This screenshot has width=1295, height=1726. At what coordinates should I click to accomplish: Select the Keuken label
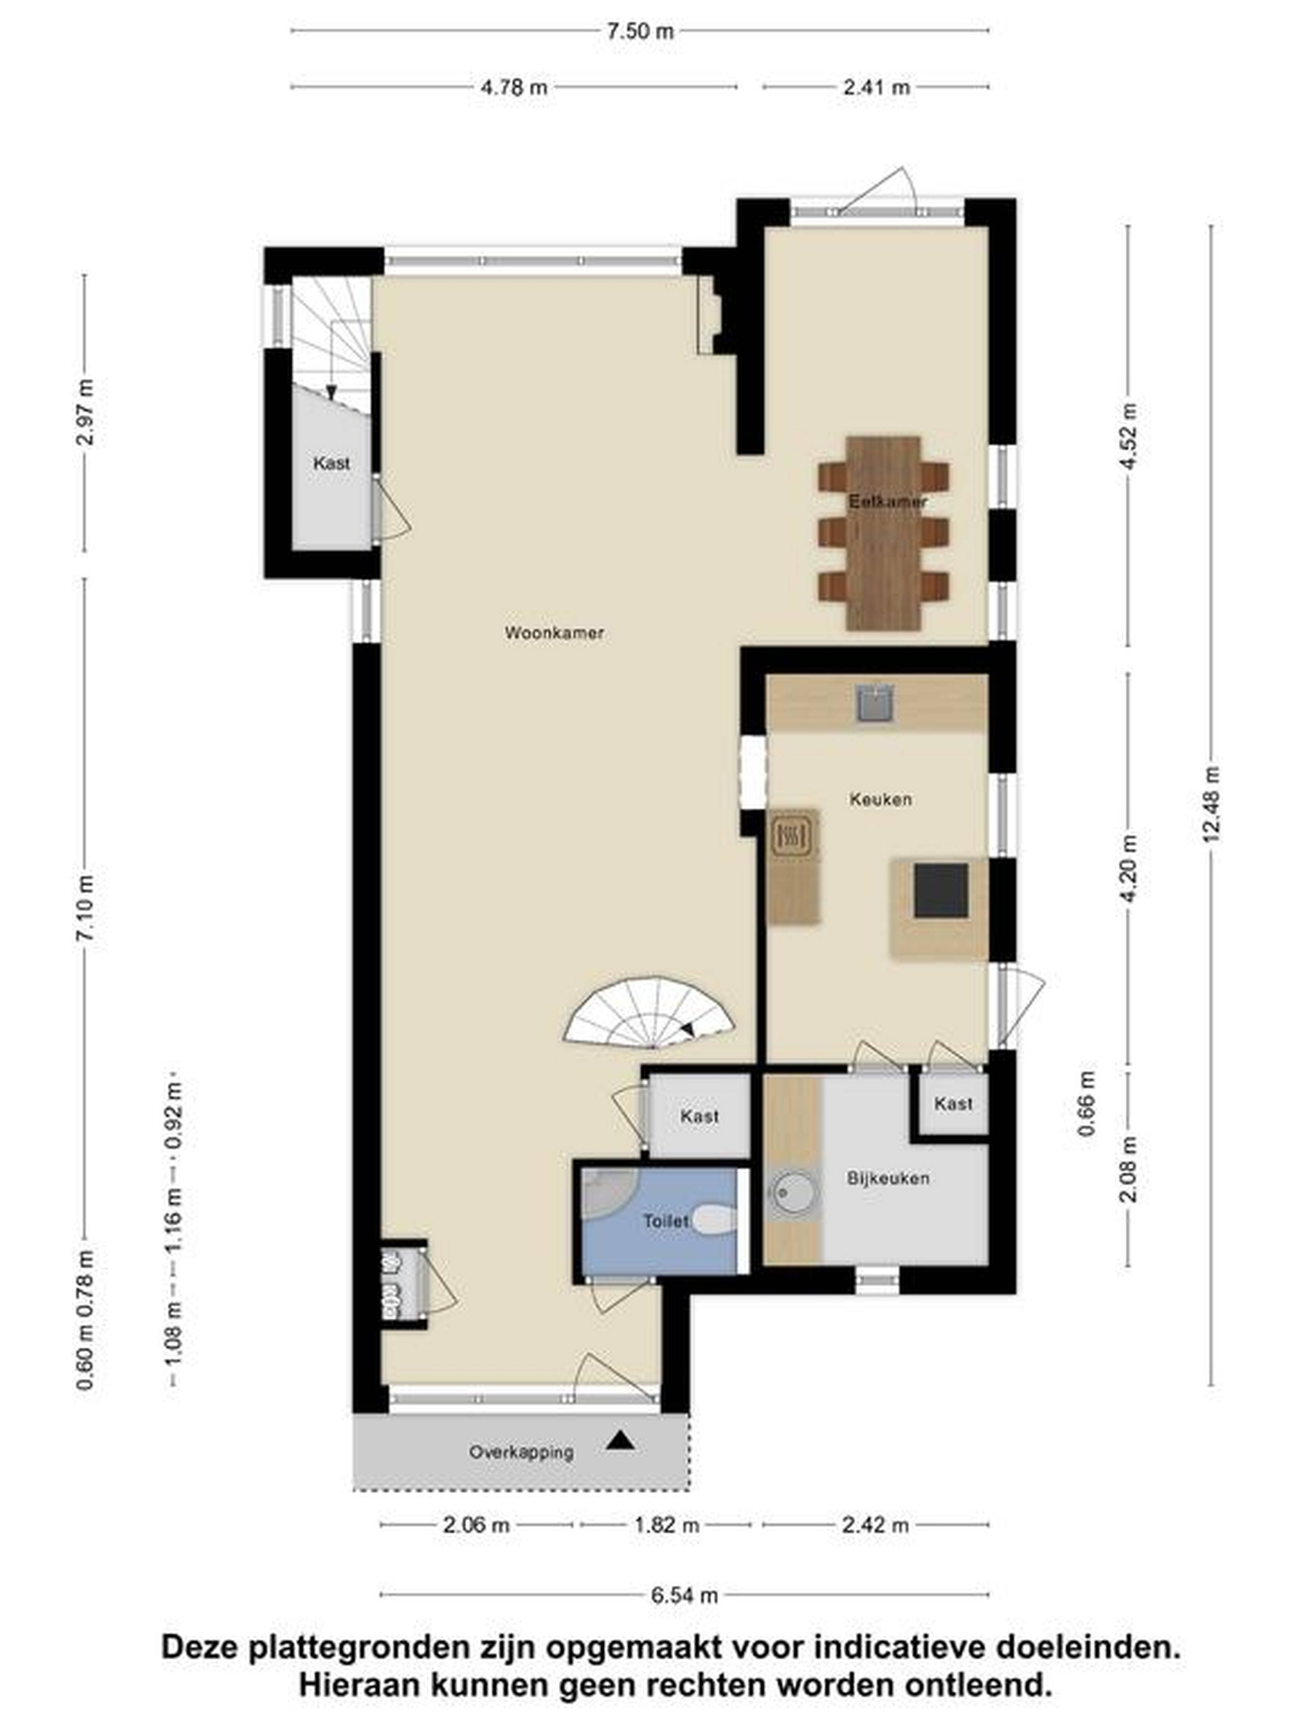coord(880,799)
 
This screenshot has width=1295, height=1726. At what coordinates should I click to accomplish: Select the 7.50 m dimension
coord(639,31)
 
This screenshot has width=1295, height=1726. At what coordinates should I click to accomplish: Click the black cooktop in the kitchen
coord(941,890)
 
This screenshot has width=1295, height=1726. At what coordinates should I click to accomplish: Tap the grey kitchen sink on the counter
coord(874,702)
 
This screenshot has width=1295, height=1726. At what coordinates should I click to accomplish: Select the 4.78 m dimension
coord(513,87)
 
